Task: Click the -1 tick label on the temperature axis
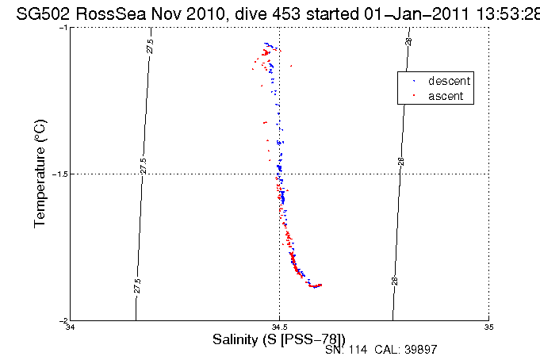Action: coord(64,27)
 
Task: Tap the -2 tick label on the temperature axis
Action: coord(64,320)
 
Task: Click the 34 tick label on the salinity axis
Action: coord(71,327)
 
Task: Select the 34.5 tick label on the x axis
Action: coord(279,327)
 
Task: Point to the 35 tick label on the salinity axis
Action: coord(488,327)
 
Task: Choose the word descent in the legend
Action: coord(450,81)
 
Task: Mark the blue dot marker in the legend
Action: coord(414,82)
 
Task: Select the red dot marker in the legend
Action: coord(414,96)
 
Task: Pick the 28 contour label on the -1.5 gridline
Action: coord(401,161)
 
